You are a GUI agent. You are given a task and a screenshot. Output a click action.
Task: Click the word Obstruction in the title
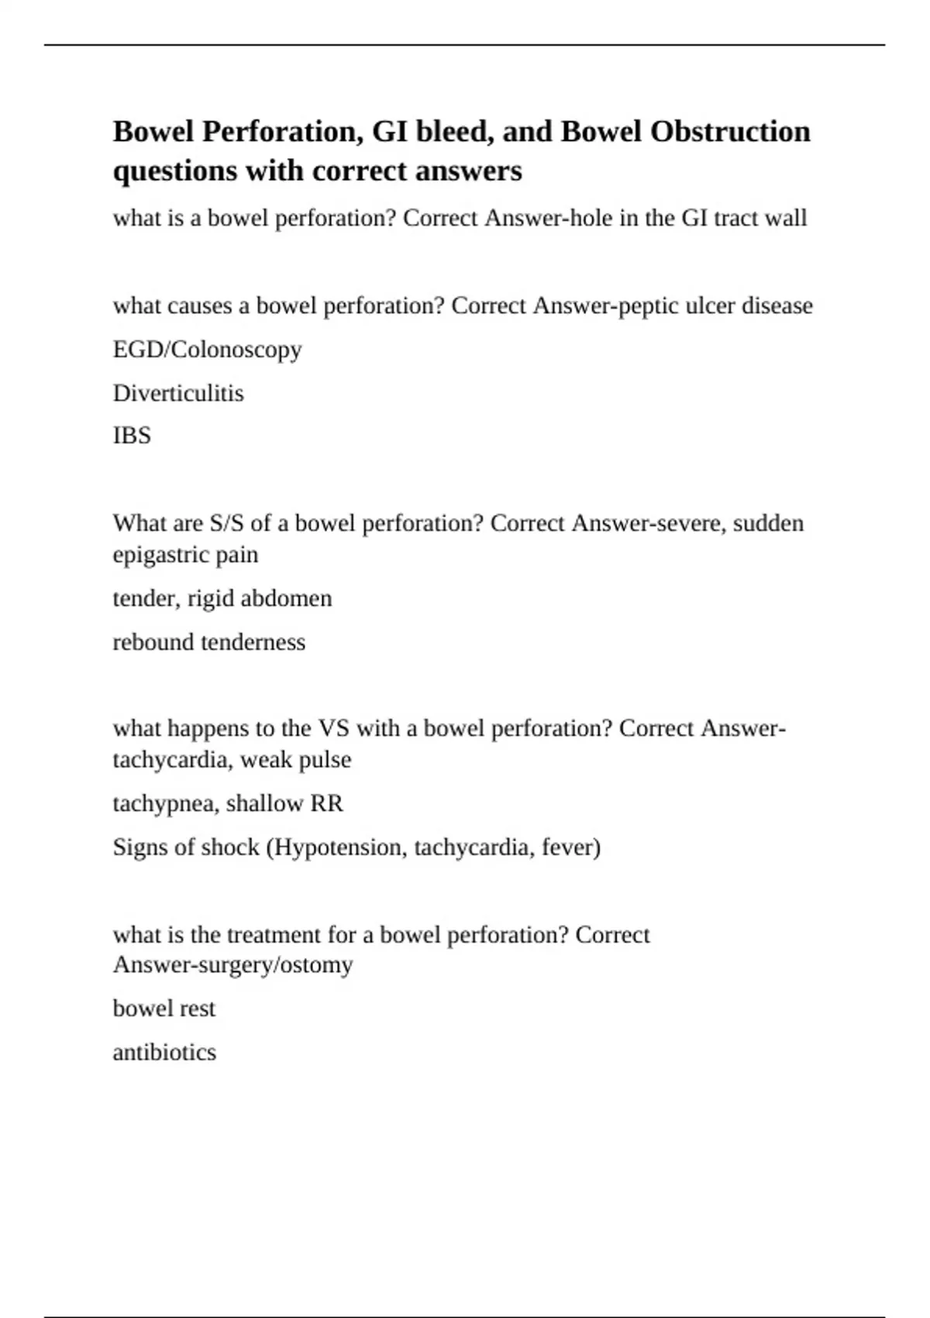(x=730, y=132)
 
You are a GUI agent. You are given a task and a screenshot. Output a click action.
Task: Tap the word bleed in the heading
(x=453, y=132)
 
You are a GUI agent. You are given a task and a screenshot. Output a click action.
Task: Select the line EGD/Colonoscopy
(x=207, y=350)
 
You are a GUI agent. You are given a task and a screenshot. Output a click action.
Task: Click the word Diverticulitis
(x=178, y=393)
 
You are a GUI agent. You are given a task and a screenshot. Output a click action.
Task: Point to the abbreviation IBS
(x=132, y=436)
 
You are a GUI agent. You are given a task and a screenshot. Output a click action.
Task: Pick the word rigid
(x=211, y=599)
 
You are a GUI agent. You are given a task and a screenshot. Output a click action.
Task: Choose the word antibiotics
(x=164, y=1052)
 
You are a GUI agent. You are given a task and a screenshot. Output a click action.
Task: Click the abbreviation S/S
(x=226, y=523)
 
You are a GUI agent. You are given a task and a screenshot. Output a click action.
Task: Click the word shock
(x=230, y=847)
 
